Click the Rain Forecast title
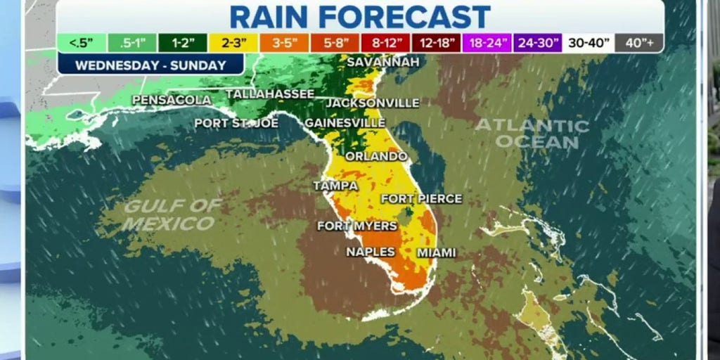coord(360,17)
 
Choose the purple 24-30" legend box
coord(536,43)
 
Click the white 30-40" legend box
coord(587,43)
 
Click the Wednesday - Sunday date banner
coord(151,65)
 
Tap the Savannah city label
coord(383,62)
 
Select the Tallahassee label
coord(270,94)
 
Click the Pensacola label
coord(172,100)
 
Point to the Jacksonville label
coord(373,103)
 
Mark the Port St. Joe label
coord(236,123)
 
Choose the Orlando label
coord(376,156)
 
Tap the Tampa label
coord(335,186)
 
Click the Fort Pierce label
coord(421,199)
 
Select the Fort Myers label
coord(357,226)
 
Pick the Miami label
coord(436,252)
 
